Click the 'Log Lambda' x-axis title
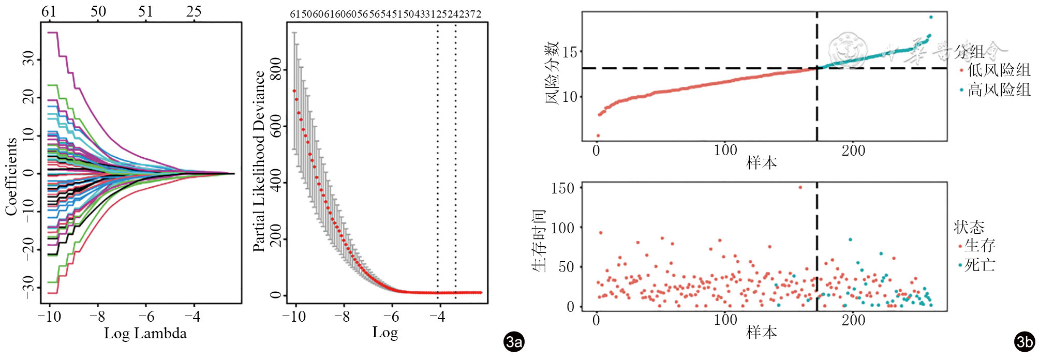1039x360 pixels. [145, 333]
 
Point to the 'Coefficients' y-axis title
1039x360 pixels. [11, 176]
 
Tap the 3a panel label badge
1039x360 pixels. [513, 342]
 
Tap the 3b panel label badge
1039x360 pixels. [1025, 342]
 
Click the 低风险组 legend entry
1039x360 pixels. [998, 70]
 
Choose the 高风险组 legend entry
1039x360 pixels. [998, 90]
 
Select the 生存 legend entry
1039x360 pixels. [979, 245]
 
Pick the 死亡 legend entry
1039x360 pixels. [979, 265]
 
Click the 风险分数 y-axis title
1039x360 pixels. [552, 73]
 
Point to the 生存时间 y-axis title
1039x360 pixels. [539, 241]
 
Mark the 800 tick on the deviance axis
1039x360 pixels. [276, 69]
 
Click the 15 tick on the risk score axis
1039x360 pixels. [570, 52]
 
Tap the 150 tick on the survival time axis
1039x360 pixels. [562, 188]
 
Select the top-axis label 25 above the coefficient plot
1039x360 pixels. [194, 11]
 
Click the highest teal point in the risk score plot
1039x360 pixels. [930, 17]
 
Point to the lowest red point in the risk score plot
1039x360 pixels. [598, 136]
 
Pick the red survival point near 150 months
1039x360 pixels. [800, 187]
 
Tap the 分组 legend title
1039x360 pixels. [969, 52]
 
